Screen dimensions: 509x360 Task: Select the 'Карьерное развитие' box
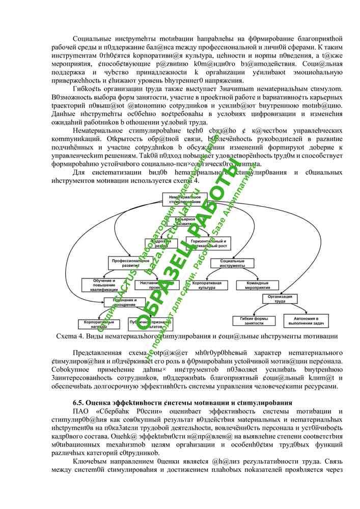[185, 221]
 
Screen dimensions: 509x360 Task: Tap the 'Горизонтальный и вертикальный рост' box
[210, 243]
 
